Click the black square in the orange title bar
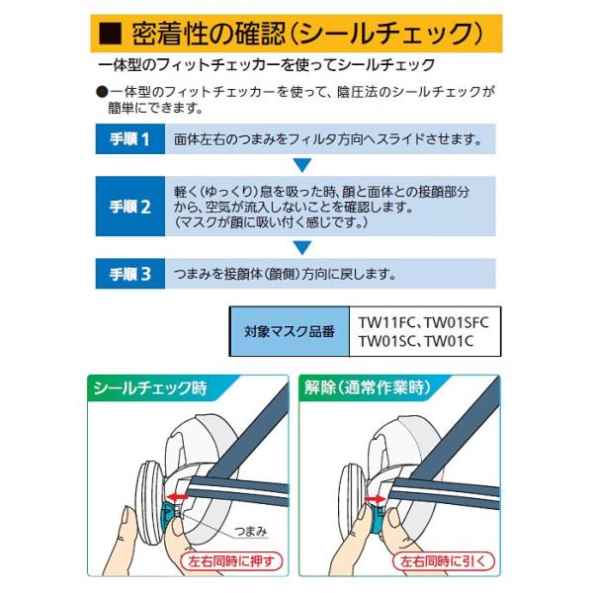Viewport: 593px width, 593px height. point(111,34)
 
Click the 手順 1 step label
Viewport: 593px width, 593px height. point(130,138)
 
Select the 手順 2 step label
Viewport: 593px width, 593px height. point(130,207)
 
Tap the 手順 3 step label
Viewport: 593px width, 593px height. point(130,274)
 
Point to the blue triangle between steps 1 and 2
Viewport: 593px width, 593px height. point(302,165)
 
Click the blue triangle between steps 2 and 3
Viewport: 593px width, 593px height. point(302,247)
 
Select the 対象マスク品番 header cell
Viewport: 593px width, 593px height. point(290,331)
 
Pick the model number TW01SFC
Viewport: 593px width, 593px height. point(457,322)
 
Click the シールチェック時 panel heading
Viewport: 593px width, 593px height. point(150,388)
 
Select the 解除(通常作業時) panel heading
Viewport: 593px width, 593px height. point(368,387)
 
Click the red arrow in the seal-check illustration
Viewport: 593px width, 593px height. point(177,497)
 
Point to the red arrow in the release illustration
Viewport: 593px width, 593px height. point(376,499)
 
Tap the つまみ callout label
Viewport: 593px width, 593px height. point(250,531)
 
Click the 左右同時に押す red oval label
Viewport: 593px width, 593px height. point(231,561)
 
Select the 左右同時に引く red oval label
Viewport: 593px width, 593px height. point(443,561)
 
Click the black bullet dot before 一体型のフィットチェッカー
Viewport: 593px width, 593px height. point(102,92)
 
